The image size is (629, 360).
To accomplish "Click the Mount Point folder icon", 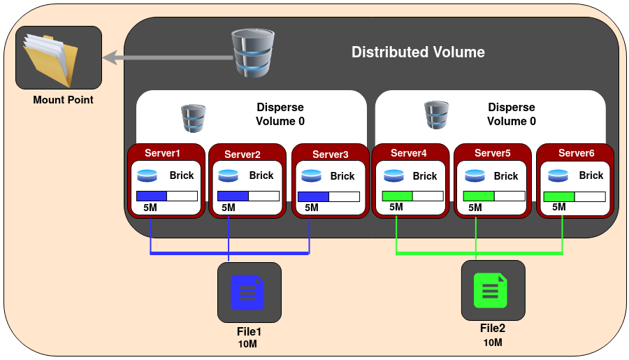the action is point(50,60).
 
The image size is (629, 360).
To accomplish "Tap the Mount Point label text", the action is point(63,100).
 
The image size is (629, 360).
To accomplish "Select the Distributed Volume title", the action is point(418,52).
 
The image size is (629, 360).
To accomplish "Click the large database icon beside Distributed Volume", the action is point(253,52).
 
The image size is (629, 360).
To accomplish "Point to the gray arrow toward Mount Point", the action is point(168,57).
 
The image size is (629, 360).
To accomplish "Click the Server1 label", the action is point(162,153).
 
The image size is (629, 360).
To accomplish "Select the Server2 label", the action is point(243,154).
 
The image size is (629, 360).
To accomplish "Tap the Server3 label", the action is point(330,154).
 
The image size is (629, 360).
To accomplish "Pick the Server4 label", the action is point(409,153).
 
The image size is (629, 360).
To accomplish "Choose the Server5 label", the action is point(493,153).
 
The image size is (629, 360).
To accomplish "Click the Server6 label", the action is point(577,153).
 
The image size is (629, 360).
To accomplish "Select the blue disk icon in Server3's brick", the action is point(311,175).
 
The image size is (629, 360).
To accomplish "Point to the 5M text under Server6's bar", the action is point(559,207).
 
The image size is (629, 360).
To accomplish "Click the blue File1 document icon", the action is point(247,293).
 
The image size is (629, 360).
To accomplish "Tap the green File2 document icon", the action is point(491,291).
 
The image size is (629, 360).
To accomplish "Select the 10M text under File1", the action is point(247,344).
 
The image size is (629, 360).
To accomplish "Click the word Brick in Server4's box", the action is point(425,176).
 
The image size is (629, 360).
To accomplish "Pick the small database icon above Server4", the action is point(436,115).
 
